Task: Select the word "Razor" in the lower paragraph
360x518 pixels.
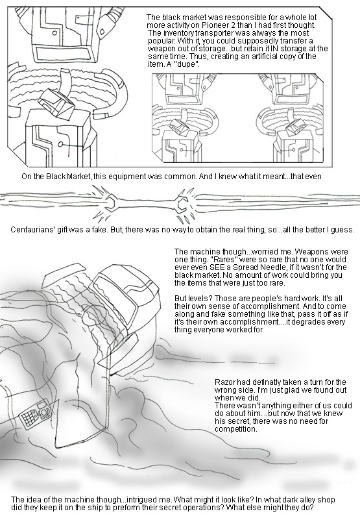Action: click(x=224, y=382)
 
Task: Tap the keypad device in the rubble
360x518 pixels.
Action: click(x=35, y=412)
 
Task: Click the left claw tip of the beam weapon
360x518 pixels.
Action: click(x=110, y=202)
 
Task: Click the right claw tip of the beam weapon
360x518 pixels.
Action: click(x=180, y=205)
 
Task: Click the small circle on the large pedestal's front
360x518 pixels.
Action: click(x=60, y=144)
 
